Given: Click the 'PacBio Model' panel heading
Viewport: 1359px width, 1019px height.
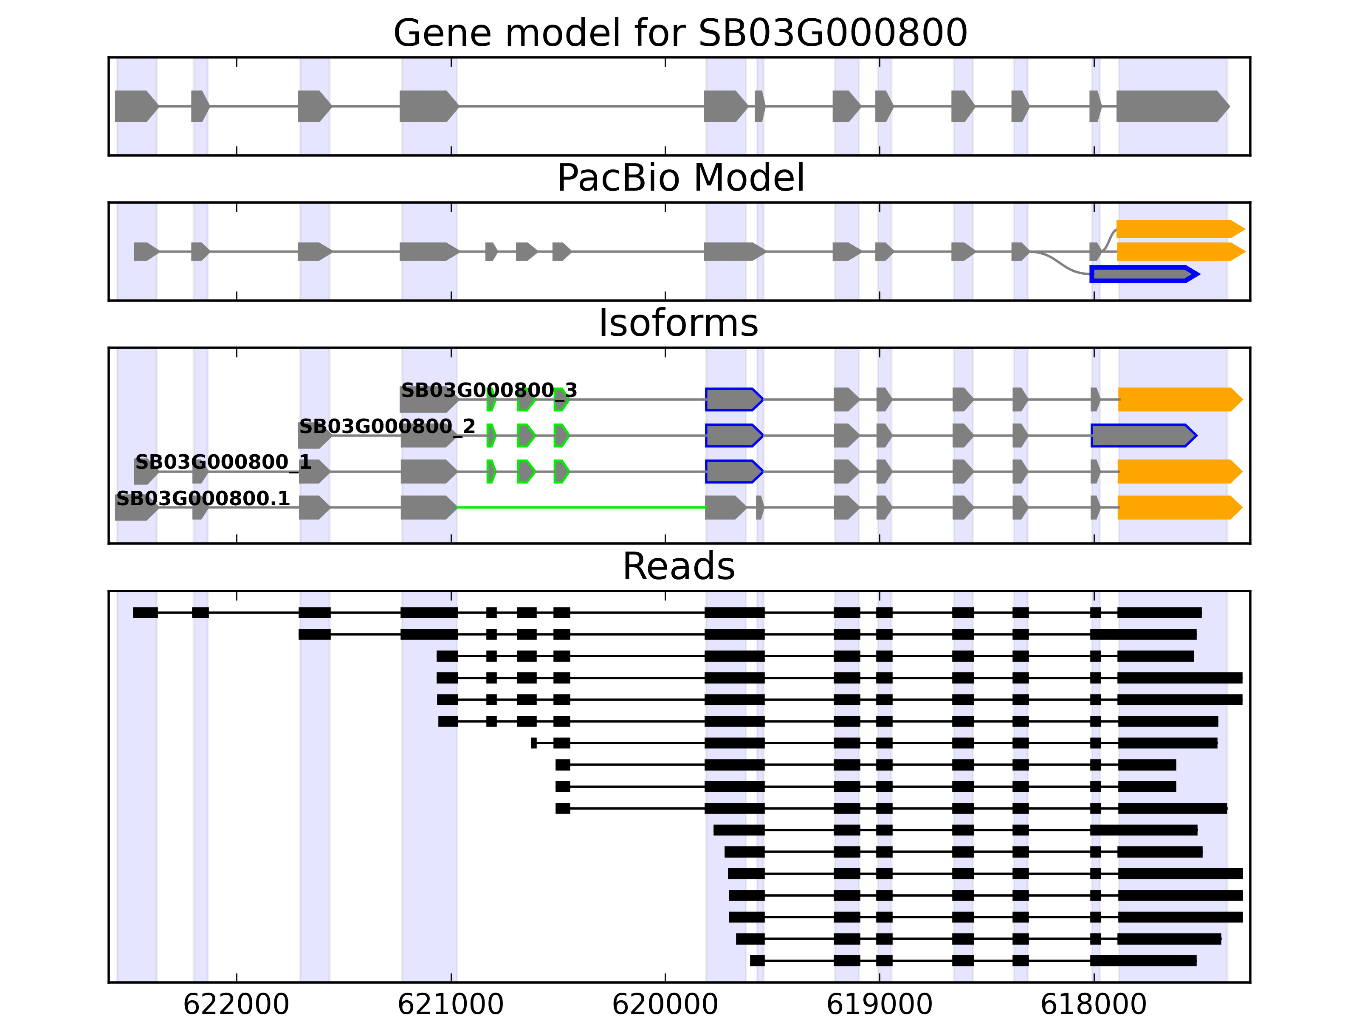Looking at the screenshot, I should [x=679, y=178].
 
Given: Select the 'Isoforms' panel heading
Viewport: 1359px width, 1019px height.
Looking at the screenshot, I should [x=678, y=323].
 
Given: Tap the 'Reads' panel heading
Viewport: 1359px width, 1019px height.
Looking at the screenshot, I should [x=678, y=566].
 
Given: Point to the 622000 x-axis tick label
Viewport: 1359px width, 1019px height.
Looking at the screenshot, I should [x=236, y=1004].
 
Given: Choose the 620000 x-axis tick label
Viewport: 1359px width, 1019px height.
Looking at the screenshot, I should [x=665, y=1004].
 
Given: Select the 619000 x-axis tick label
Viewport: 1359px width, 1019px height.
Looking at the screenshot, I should [x=879, y=1004].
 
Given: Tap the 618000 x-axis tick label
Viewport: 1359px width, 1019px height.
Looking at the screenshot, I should [x=1094, y=1004].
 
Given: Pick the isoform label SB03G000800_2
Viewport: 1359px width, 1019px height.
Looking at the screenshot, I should [x=387, y=426].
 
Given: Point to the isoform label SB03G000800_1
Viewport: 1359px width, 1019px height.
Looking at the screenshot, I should [x=223, y=462].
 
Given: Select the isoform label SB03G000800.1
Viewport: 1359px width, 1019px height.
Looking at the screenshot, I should [x=203, y=498].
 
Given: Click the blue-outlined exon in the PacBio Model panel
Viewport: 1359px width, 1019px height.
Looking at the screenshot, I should [x=1143, y=274].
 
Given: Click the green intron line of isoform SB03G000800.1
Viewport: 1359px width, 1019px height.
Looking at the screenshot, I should [x=581, y=507].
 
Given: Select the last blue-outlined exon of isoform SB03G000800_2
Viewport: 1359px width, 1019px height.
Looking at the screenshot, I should [x=1143, y=436].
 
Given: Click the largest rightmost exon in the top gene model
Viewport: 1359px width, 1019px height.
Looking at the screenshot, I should [x=1171, y=106].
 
